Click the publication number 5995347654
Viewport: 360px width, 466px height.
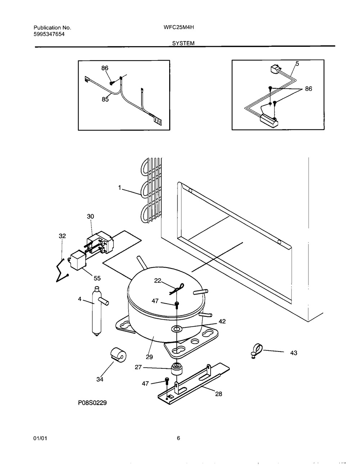pyautogui.click(x=49, y=34)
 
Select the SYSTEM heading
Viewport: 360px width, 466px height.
pyautogui.click(x=183, y=43)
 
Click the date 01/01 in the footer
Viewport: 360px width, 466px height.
pyautogui.click(x=40, y=438)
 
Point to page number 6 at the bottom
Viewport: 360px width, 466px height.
pyautogui.click(x=179, y=438)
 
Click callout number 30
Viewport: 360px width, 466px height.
pyautogui.click(x=90, y=216)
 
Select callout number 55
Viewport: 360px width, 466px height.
pyautogui.click(x=97, y=278)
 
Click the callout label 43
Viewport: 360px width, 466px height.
pyautogui.click(x=294, y=353)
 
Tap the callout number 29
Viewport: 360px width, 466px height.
pyautogui.click(x=149, y=357)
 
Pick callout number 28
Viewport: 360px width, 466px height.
pyautogui.click(x=219, y=394)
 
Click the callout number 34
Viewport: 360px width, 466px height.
pyautogui.click(x=100, y=379)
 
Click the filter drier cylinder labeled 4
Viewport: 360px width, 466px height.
pyautogui.click(x=96, y=312)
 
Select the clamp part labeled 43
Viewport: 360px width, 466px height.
pyautogui.click(x=256, y=350)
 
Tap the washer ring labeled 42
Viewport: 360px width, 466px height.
pyautogui.click(x=177, y=329)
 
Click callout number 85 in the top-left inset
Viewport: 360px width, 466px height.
pyautogui.click(x=105, y=99)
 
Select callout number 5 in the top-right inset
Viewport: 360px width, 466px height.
pyautogui.click(x=297, y=64)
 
